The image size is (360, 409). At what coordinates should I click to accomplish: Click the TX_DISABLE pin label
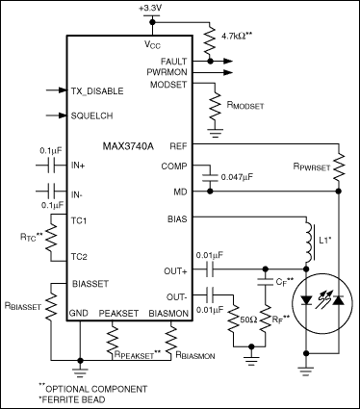[98, 91]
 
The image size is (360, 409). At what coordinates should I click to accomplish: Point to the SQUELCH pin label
[93, 115]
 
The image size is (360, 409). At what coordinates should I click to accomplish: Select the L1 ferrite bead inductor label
[323, 237]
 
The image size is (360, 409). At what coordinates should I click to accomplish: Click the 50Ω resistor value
[245, 317]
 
